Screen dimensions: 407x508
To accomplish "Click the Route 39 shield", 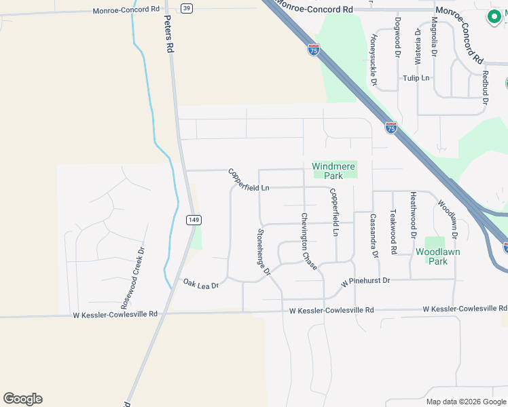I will pos(187,7).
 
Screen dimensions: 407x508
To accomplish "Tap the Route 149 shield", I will pos(194,219).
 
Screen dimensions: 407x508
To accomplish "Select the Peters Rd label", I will pos(170,36).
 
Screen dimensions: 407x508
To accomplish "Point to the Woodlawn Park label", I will pos(437,256).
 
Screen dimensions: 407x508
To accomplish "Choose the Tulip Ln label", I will pos(416,78).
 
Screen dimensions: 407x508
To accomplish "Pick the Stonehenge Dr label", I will pos(264,252).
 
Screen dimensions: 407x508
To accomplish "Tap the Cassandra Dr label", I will pos(373,236).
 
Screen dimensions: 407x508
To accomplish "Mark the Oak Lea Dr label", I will pos(200,283).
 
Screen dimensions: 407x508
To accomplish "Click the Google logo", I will pos(22,399).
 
